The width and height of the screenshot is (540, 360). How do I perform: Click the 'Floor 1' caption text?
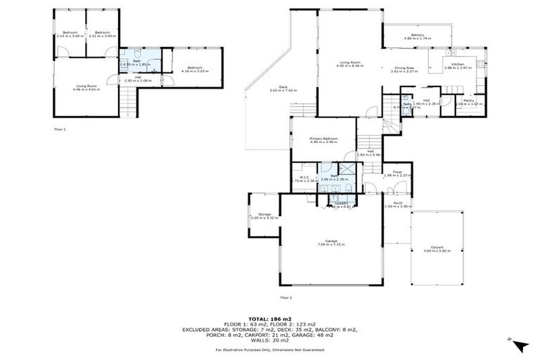click(60, 129)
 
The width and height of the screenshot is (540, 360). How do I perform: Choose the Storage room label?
click(264, 214)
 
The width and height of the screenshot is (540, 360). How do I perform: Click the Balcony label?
click(418, 34)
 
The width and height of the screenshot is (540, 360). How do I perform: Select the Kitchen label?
click(458, 64)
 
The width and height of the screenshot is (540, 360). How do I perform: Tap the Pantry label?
click(468, 100)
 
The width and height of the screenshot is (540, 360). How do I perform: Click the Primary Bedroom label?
click(325, 139)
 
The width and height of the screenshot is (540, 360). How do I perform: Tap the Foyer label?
click(397, 172)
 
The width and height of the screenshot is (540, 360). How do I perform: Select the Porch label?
click(398, 202)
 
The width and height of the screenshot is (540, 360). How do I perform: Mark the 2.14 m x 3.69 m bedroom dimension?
click(70, 35)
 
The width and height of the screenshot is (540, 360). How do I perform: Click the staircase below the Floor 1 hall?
click(127, 105)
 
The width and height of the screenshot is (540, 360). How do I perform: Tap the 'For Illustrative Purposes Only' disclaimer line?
click(270, 349)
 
